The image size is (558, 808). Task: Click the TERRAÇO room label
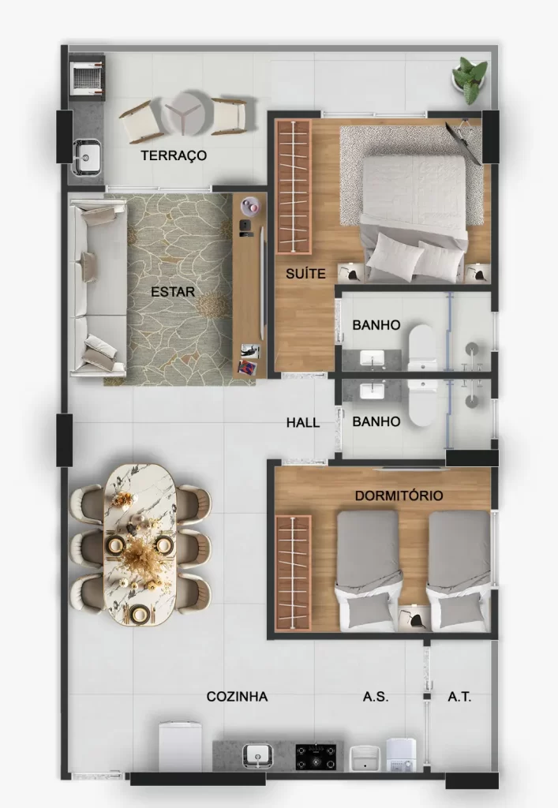coord(174,155)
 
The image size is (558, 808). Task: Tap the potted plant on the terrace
coord(470,80)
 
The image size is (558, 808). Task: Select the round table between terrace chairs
coord(186,114)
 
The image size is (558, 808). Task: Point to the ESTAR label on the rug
coord(173,292)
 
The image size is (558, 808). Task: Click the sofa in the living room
coord(98,287)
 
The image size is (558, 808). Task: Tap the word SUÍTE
coord(305,274)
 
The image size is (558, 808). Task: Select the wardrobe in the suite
coord(294,186)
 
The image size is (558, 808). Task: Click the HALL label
coord(303,423)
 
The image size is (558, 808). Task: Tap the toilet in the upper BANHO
coord(422,348)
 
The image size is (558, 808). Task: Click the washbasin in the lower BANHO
coord(372,391)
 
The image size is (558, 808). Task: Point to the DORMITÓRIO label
coord(399,496)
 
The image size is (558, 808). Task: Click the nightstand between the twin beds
coord(414,617)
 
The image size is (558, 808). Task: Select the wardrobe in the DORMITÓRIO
coord(294,572)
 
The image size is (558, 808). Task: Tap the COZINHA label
coord(237,697)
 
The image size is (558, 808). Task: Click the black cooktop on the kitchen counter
coord(316,757)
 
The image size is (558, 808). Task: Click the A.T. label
coord(459,697)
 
